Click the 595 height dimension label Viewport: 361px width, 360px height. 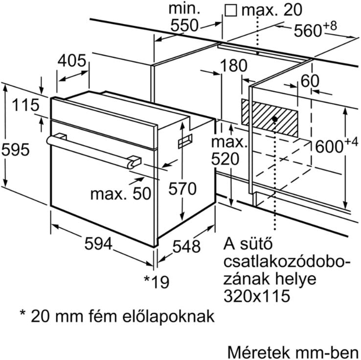pos(16,150)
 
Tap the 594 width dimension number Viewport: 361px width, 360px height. pos(98,243)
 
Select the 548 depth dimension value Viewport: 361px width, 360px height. pos(187,246)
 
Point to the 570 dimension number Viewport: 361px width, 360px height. pos(182,189)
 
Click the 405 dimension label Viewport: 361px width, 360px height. pos(72,61)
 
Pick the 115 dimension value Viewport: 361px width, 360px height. pos(25,105)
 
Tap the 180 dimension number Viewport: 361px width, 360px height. pos(234,66)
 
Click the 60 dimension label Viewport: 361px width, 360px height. pos(310,81)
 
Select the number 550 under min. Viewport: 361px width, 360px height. pos(184,25)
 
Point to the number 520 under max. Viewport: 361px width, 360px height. pos(225,159)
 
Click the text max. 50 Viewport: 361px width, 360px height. pos(121,193)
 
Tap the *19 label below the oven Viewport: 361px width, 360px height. pos(157,282)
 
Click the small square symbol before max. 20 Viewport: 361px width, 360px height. pos(231,11)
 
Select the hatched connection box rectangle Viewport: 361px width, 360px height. pos(270,118)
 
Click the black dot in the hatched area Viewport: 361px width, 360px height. pos(274,119)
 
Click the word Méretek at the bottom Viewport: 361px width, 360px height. pos(258,352)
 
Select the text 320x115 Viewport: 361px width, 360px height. pos(257,296)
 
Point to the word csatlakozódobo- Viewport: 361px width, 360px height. pos(287,262)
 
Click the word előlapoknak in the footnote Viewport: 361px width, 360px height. pos(168,316)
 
